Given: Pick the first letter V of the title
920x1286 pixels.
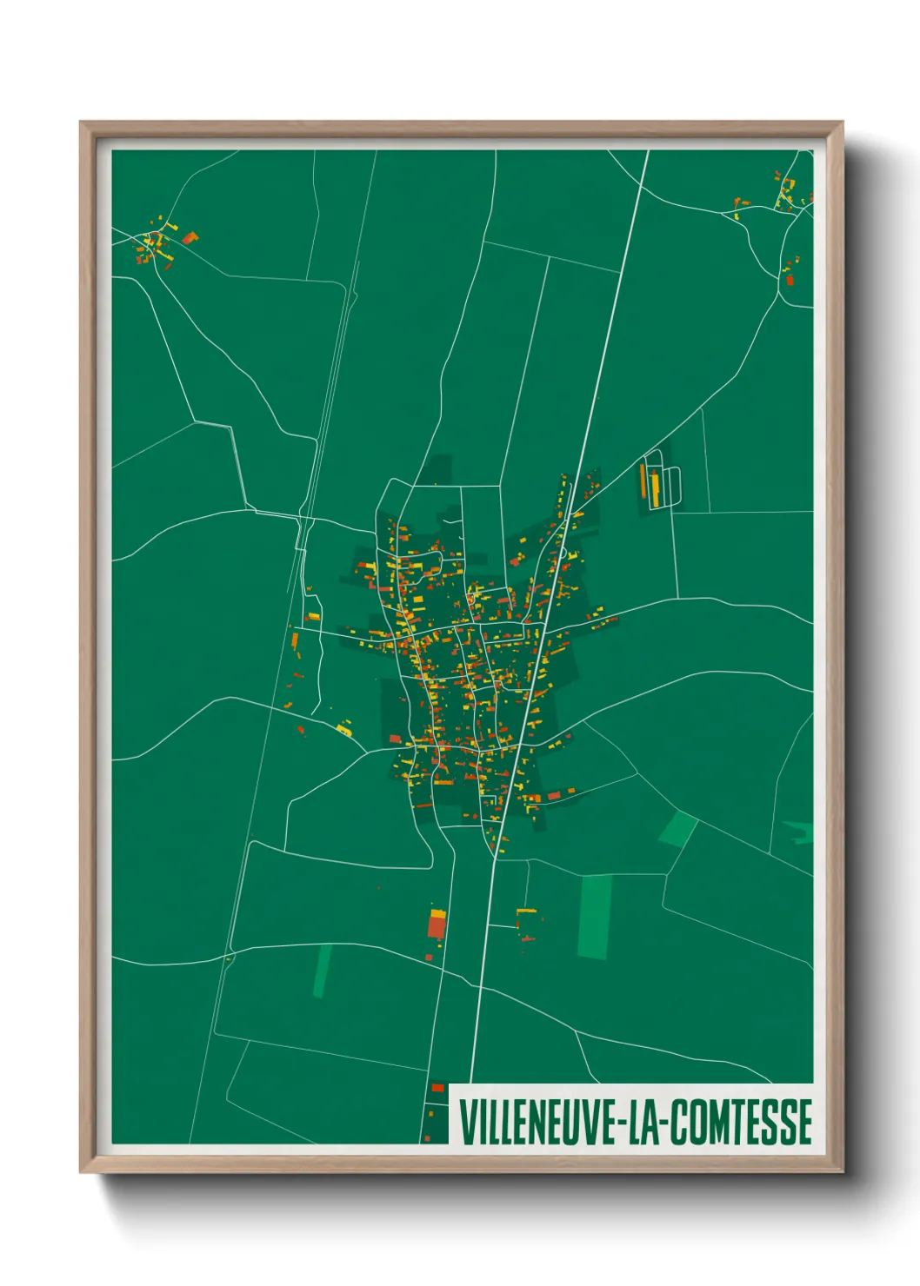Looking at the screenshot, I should pos(464,1122).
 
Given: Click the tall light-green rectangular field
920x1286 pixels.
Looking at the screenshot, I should pos(595,917).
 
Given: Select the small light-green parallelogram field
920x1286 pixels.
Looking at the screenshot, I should pos(677,829).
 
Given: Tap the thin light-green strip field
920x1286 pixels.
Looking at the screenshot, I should pos(323,971).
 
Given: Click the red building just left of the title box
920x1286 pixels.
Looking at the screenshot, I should pos(437,1087).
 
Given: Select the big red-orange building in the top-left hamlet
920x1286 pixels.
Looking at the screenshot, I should pos(189,237).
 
